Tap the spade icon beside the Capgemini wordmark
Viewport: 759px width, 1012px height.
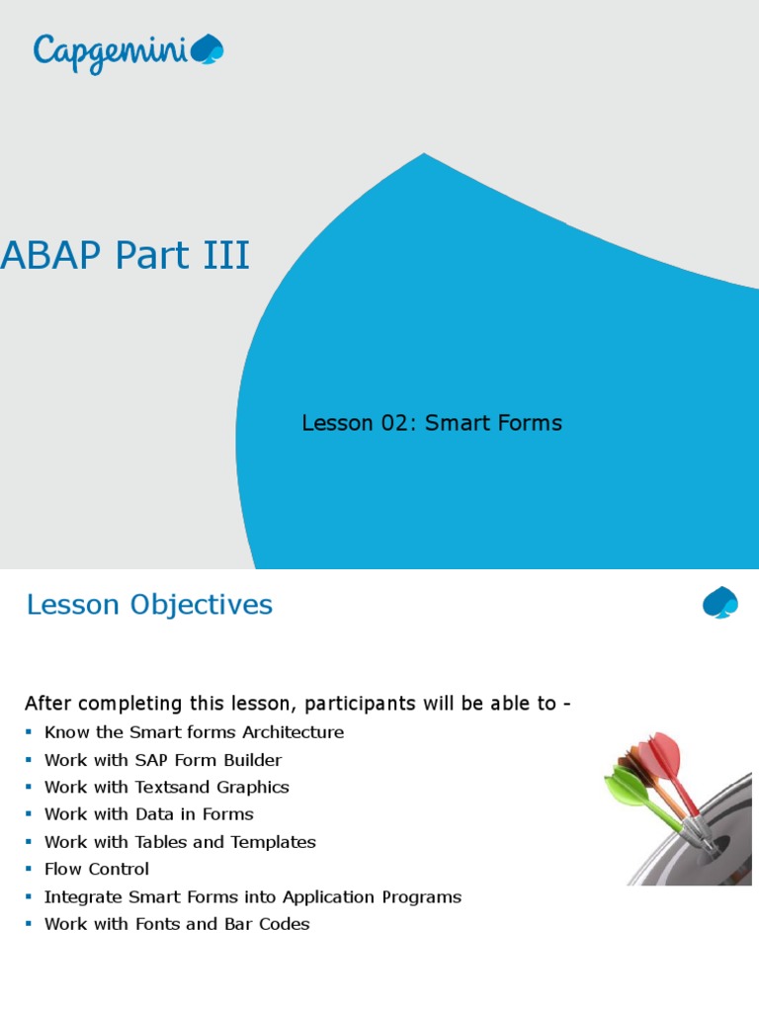[x=207, y=50]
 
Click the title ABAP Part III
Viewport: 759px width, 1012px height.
[x=126, y=256]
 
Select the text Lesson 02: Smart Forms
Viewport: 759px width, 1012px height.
[x=431, y=423]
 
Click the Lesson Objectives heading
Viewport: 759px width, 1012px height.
[x=149, y=605]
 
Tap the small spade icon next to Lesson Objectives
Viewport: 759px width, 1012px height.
[x=719, y=603]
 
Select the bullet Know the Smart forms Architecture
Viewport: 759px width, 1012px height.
[x=194, y=732]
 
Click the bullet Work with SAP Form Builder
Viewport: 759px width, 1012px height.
[x=163, y=760]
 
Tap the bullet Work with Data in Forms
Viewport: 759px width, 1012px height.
[x=149, y=814]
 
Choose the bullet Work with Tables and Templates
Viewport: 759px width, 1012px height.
[x=180, y=842]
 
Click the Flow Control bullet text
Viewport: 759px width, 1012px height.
[x=97, y=870]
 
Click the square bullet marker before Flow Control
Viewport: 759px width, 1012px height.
[x=30, y=870]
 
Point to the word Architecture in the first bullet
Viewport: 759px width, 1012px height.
[x=295, y=732]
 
